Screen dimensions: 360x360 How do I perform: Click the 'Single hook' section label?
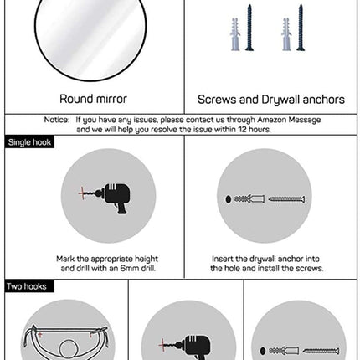click(x=29, y=142)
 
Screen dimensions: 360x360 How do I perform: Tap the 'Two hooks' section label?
click(x=27, y=286)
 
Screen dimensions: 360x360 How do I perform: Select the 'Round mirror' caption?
click(x=93, y=99)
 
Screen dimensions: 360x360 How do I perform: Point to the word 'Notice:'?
click(x=57, y=120)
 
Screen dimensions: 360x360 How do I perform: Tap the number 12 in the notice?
click(x=242, y=129)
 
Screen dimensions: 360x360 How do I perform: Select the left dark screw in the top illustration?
click(x=249, y=28)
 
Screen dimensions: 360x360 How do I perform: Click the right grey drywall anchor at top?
click(x=286, y=34)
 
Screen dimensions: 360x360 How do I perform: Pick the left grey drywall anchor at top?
click(x=235, y=34)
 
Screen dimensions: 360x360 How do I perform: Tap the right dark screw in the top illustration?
click(x=301, y=28)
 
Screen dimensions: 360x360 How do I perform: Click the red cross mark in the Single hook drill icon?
click(x=82, y=193)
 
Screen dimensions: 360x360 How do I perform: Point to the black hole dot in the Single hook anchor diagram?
click(x=229, y=199)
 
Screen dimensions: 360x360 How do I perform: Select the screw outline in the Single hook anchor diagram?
click(x=286, y=199)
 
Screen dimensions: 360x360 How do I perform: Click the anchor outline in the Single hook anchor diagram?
click(x=249, y=199)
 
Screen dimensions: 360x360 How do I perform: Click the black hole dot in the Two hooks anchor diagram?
click(x=263, y=351)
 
